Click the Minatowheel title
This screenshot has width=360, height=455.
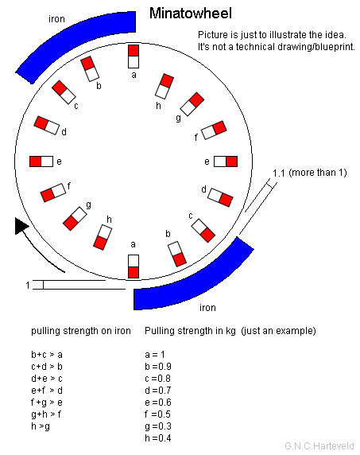coord(191,14)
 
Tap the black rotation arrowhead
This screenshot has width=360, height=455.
coord(21,226)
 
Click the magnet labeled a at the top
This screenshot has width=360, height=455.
coord(134,56)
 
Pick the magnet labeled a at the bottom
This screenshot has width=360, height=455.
coord(134,266)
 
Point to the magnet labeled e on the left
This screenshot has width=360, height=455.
coord(41,161)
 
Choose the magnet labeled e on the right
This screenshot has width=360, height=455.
coord(226,161)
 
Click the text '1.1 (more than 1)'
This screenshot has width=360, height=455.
coord(310,173)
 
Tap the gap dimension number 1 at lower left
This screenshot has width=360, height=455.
coord(28,286)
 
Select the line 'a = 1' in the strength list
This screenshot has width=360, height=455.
coord(155,354)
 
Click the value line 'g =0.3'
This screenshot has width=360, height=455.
coord(158,426)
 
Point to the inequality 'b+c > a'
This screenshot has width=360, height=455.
coord(47,355)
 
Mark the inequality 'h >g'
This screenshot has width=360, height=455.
coord(41,426)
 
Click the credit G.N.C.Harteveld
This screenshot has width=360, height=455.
coord(319,445)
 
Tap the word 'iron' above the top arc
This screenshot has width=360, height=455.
coord(56,19)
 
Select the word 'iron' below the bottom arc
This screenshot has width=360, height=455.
coord(207,307)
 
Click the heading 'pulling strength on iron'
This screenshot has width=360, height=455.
coord(81,331)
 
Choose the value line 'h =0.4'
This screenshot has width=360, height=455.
coord(158,437)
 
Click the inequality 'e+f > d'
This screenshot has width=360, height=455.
coord(47,391)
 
